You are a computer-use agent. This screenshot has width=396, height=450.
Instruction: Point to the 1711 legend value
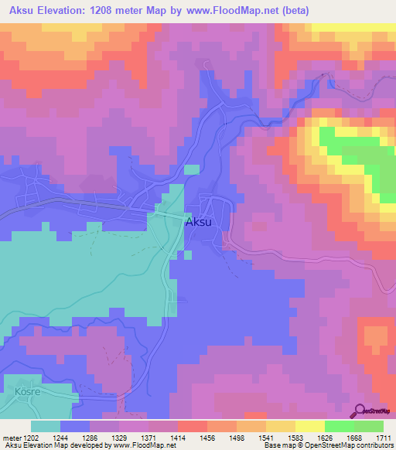click(x=383, y=438)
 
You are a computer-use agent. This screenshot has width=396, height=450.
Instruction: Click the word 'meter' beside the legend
click(x=11, y=438)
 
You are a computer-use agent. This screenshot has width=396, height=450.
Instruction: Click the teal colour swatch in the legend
click(x=46, y=426)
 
